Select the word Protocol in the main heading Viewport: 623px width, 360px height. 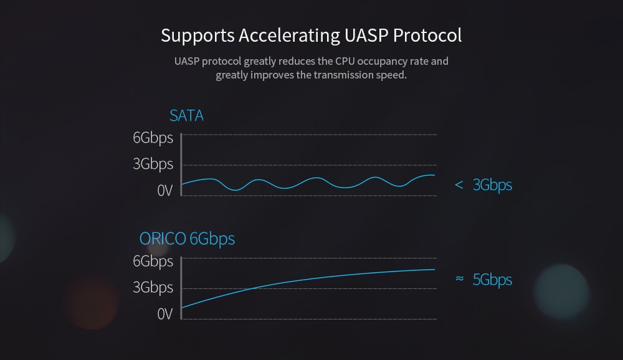click(428, 35)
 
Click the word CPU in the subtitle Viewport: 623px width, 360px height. click(347, 61)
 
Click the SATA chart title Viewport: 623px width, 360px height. click(186, 116)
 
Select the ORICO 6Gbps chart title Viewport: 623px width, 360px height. click(187, 239)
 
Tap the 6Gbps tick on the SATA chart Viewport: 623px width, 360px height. click(153, 138)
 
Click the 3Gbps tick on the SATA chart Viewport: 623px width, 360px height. click(153, 164)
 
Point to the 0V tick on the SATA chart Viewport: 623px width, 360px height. click(164, 191)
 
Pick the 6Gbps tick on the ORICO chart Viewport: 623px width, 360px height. click(153, 261)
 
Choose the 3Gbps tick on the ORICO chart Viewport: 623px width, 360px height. click(153, 288)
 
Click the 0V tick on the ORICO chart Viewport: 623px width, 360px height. click(164, 314)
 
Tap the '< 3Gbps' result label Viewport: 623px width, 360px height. click(483, 185)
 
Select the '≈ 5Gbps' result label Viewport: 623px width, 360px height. click(483, 280)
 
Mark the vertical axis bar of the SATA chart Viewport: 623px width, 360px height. click(181, 165)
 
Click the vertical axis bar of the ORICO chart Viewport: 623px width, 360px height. click(181, 288)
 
